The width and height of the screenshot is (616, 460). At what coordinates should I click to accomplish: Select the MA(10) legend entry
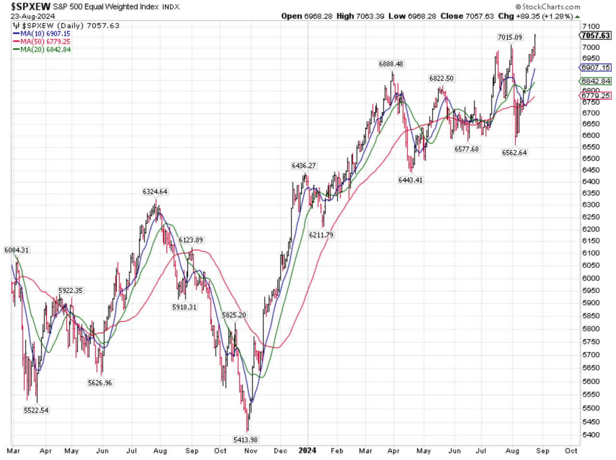[45, 34]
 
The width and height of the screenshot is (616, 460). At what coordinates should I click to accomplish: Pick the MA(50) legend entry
[45, 41]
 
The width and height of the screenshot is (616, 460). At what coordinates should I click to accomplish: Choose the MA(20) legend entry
[45, 49]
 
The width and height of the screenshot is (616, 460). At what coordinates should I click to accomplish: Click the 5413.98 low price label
[245, 439]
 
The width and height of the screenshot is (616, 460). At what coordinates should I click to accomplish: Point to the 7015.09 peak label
[510, 37]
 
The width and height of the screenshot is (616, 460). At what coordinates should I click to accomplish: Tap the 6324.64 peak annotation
[155, 192]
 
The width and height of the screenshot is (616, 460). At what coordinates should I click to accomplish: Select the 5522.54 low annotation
[36, 410]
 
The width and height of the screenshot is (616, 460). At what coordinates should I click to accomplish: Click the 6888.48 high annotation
[391, 64]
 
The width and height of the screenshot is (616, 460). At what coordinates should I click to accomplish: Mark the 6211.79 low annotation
[321, 235]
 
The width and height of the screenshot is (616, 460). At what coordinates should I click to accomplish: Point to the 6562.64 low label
[514, 153]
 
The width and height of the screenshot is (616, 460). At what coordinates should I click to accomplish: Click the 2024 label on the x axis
[307, 450]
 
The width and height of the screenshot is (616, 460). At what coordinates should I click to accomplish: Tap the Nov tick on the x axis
[251, 451]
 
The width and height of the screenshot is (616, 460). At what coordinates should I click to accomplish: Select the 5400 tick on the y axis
[590, 434]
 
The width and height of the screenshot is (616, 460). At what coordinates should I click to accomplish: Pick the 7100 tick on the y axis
[590, 26]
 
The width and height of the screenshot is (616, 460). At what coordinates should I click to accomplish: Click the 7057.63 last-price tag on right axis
[595, 36]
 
